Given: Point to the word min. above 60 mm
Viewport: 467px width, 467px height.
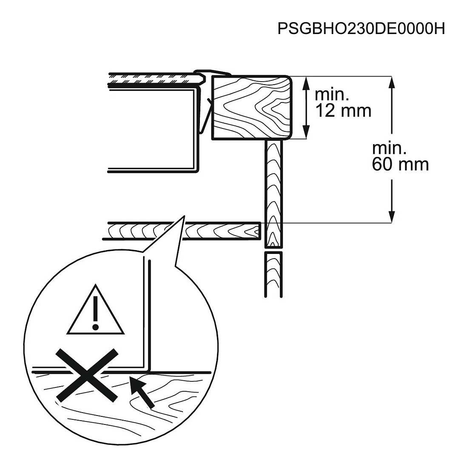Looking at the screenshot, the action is [389, 148].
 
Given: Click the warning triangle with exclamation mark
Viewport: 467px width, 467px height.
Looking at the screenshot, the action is [95, 309].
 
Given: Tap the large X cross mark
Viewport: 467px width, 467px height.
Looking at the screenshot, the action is [87, 375].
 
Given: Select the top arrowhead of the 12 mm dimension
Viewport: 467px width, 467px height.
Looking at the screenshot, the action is [305, 83].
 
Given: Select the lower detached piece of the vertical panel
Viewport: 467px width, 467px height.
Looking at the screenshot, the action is [273, 274].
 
